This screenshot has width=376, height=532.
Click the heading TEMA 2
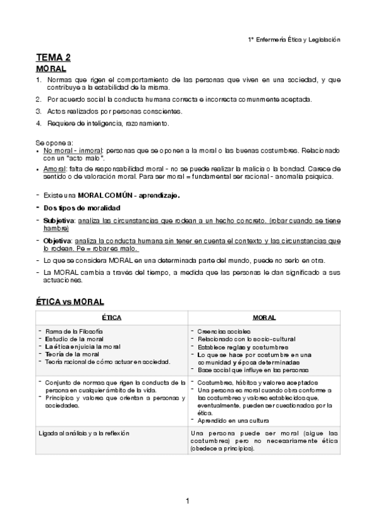point(53,58)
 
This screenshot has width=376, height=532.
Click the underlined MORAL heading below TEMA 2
point(51,68)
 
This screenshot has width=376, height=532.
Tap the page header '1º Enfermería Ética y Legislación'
point(294,39)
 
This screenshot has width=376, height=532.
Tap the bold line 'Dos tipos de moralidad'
point(82,208)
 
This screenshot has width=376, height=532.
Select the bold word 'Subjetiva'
point(58,221)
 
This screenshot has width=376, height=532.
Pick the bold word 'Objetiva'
point(57,240)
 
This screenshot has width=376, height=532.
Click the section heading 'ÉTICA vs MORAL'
point(70,302)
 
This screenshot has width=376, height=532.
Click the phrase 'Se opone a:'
point(55,142)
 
